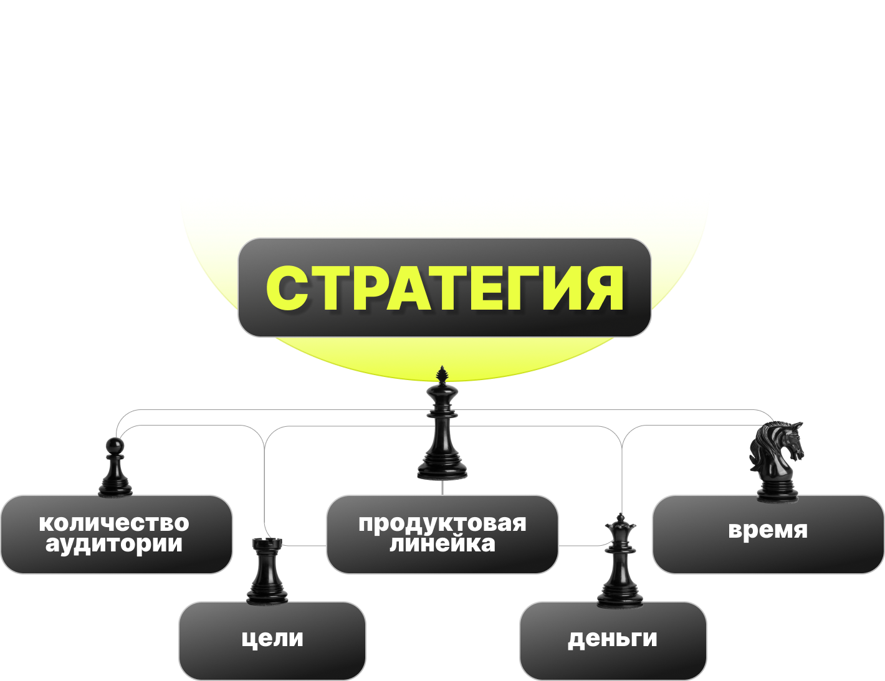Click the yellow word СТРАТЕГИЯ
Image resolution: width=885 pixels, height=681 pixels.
coord(444,288)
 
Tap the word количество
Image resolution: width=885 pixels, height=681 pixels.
coord(114,523)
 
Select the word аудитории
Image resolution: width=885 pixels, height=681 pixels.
coord(114,544)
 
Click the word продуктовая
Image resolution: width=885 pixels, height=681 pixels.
coord(442,523)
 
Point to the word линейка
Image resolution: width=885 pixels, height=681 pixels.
coord(442,544)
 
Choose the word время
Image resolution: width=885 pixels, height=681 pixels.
coord(768,530)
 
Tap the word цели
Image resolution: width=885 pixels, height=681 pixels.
coord(272,638)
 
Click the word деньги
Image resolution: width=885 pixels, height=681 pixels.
coord(613,638)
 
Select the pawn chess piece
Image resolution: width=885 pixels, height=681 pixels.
coord(115,469)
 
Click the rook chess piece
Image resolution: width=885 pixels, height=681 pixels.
coord(267,572)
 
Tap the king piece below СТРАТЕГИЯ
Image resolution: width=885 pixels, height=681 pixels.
coord(442,430)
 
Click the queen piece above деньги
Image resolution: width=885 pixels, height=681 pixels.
coord(620,564)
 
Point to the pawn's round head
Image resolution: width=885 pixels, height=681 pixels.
coord(115,445)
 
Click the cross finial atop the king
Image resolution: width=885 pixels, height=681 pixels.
coord(442,374)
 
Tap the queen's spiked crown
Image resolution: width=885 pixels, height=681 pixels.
coord(620,525)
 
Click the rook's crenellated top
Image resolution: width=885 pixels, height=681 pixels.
coord(267,544)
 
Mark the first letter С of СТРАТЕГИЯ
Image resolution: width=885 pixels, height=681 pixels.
coord(286,288)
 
